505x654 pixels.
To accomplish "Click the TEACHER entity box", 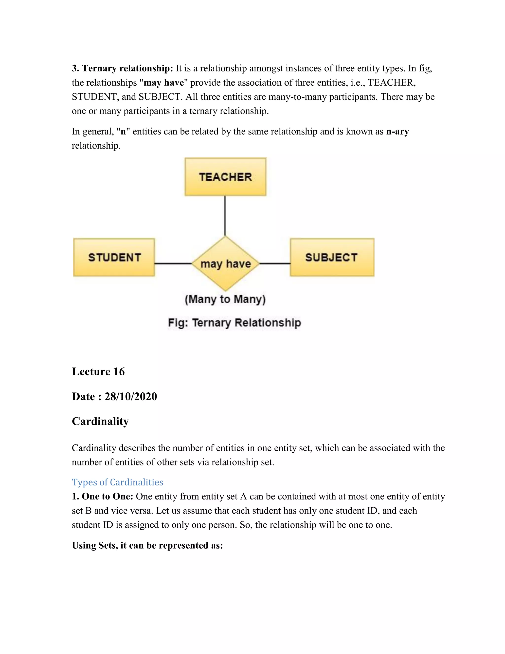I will coord(225,177).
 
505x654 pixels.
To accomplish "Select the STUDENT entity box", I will coord(114,257).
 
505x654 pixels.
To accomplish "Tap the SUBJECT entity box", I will coord(332,257).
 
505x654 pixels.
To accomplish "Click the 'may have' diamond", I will coord(225,264).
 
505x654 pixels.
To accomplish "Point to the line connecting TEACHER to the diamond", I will coord(225,216).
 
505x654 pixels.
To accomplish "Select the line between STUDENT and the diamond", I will coord(173,264).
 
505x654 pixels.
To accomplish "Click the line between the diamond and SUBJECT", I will coord(275,264).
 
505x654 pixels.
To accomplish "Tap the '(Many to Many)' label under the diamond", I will coord(225,299).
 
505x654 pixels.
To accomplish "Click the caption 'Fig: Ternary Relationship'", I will coord(234,323).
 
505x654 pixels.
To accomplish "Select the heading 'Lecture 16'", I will coord(98,372).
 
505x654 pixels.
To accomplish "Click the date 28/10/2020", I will coord(130,397).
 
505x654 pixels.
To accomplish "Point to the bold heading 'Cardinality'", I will coord(100,421).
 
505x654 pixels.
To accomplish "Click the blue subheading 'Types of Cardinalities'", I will coord(118,482).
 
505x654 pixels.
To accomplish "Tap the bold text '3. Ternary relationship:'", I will coord(122,68).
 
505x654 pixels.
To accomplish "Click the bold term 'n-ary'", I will coord(397,132).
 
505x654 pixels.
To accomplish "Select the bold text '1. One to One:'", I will coord(103,497).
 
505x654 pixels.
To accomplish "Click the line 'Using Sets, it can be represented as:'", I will coord(147,545).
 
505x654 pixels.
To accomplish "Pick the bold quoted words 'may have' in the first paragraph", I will coord(164,83).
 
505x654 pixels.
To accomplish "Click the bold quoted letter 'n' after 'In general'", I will coord(123,132).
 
